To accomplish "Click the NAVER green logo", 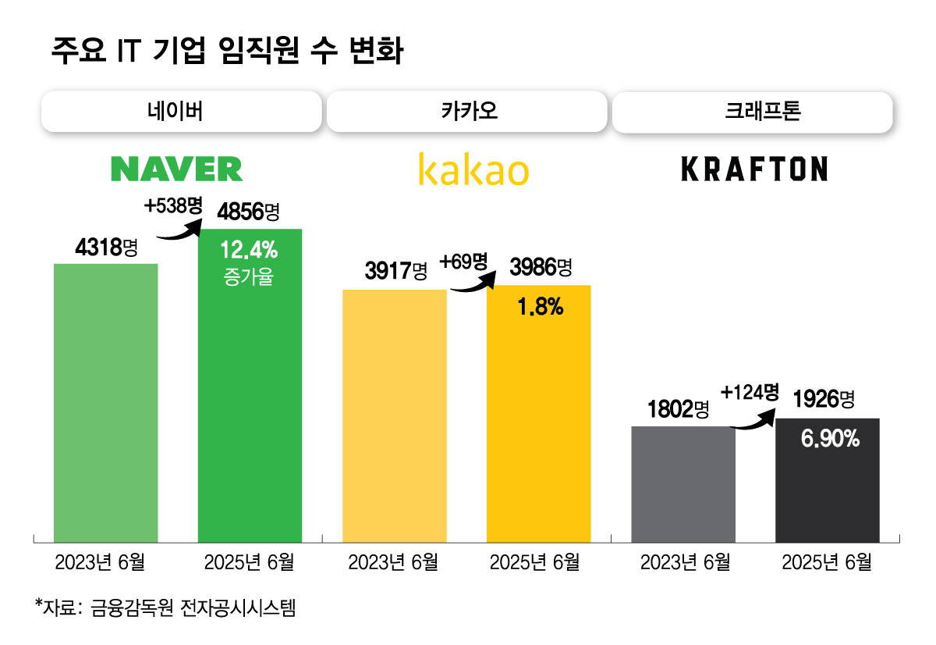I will [x=176, y=169].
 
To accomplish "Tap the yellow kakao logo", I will [x=473, y=169].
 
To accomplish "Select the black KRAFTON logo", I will [x=754, y=169].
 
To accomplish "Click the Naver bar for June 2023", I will [x=106, y=402].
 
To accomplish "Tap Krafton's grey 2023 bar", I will [x=683, y=484].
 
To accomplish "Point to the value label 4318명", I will [x=106, y=248].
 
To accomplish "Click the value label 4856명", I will [x=248, y=212].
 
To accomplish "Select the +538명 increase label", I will [x=173, y=206].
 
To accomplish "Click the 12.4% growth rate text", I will [x=249, y=251].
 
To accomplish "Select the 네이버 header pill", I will [x=181, y=112].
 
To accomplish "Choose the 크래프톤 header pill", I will [x=752, y=112].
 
